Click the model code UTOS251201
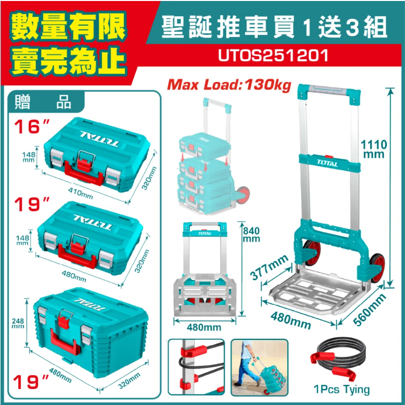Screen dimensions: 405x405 tap(273, 55)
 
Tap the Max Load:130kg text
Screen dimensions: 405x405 tap(229, 84)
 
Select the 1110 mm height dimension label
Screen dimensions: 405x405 tap(374, 149)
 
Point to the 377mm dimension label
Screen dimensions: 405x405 tap(270, 267)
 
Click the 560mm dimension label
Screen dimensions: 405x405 tap(370, 309)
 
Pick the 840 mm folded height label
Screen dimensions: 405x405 tap(251, 235)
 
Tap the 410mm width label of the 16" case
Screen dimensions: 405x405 tap(80, 193)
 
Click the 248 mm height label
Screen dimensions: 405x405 tap(18, 323)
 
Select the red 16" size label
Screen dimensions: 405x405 tap(31, 127)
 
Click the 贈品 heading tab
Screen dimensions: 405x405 tap(43, 102)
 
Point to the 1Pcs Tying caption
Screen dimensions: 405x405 tap(341, 389)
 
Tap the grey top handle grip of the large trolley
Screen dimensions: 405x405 tap(328, 90)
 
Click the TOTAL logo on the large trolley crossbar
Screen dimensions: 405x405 tap(328, 163)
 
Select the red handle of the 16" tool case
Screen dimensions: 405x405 tap(84, 173)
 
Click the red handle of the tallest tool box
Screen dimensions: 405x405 tap(65, 342)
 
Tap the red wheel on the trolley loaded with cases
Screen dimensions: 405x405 tap(243, 195)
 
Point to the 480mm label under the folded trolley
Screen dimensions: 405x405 tap(204, 327)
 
